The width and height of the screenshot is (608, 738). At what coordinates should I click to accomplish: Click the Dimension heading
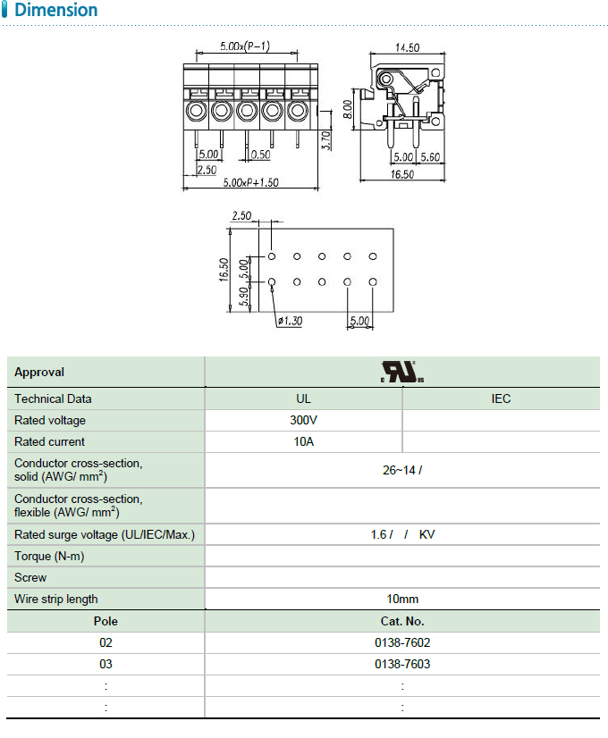[x=56, y=11]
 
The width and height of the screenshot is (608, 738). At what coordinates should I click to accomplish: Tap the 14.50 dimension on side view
[x=408, y=47]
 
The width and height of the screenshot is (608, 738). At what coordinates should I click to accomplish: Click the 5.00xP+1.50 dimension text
[x=250, y=182]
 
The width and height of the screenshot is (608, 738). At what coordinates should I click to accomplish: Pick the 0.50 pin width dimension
[x=260, y=155]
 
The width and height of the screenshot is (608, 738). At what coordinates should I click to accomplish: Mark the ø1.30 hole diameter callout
[x=290, y=321]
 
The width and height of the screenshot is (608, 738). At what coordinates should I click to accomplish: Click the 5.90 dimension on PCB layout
[x=244, y=296]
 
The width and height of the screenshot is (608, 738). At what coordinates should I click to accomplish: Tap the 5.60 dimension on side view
[x=430, y=157]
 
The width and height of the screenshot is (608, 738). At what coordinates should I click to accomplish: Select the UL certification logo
[x=401, y=372]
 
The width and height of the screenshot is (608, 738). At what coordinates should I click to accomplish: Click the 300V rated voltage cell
[x=303, y=420]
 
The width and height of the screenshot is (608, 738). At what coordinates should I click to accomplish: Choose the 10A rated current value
[x=303, y=441]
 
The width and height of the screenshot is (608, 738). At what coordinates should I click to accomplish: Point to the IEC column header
[x=501, y=398]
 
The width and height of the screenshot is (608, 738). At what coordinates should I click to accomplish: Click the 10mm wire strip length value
[x=402, y=599]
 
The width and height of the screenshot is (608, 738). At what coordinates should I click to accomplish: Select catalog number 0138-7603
[x=402, y=664]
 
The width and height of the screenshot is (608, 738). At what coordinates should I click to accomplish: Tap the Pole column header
[x=106, y=621]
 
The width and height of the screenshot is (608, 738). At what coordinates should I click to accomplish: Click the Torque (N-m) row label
[x=50, y=556]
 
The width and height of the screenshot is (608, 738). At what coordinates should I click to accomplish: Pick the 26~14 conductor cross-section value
[x=401, y=470]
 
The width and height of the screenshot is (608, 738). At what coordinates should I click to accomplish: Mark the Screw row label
[x=30, y=577]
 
